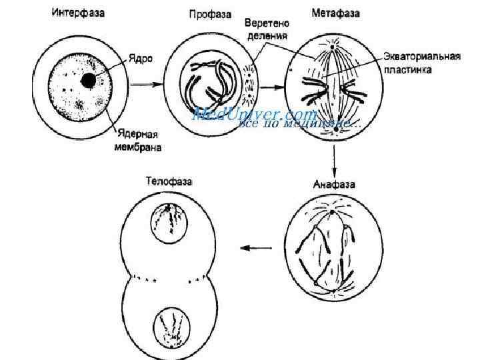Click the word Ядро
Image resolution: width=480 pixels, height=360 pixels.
click(140, 59)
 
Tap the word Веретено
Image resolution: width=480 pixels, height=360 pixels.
click(266, 23)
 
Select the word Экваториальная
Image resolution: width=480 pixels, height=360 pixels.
click(422, 56)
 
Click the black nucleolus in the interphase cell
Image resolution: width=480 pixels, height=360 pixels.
click(88, 81)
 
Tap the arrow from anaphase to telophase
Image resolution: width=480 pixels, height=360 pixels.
click(256, 248)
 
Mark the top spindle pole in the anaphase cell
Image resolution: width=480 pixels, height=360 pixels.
click(332, 213)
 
